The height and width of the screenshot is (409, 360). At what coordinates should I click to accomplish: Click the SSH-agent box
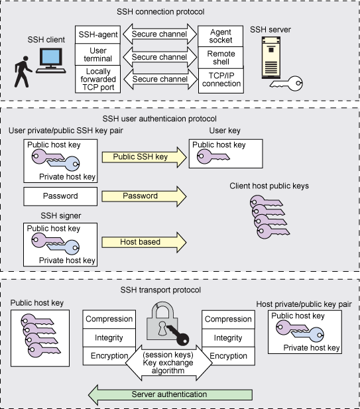pos(98,34)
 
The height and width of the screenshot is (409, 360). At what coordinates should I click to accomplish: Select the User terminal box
pos(98,54)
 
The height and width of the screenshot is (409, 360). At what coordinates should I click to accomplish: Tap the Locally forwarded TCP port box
pos(98,79)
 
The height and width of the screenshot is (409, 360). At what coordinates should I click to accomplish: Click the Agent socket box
pos(221,36)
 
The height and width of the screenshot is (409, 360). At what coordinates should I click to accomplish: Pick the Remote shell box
pos(221,58)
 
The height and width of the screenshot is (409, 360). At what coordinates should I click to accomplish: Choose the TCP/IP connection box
pos(221,81)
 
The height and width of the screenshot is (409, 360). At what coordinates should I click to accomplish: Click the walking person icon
pos(23,72)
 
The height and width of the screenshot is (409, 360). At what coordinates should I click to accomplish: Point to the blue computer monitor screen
pos(51,57)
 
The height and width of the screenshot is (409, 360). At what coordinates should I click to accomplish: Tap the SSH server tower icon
pos(271,58)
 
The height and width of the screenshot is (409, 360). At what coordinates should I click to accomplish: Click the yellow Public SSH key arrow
pos(145,157)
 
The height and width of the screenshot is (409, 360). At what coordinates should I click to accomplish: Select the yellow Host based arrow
pos(144,242)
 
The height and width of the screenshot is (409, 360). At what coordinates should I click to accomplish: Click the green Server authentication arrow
pos(170,394)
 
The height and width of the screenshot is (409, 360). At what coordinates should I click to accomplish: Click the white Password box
pos(60,196)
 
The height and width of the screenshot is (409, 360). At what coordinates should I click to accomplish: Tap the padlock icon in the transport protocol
pos(167,323)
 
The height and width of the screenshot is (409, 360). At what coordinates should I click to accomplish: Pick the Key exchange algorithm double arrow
pos(168,363)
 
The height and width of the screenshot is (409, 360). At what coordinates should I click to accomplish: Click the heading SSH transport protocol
pos(160,290)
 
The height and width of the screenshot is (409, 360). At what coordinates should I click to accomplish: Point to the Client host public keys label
pos(269,186)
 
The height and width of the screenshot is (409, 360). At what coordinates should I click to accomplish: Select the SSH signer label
pos(61,216)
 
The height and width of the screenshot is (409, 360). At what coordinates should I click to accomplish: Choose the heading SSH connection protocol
pos(160,12)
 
